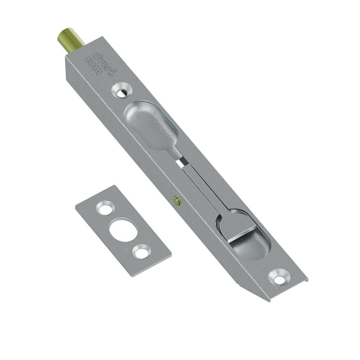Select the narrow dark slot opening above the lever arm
(x=181, y=160)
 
